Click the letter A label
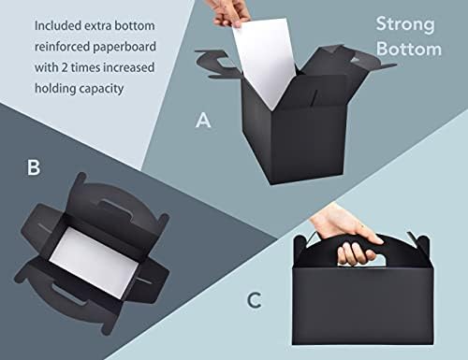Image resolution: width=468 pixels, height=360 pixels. pyautogui.click(x=203, y=121)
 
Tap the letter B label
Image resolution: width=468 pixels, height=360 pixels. pyautogui.click(x=34, y=167)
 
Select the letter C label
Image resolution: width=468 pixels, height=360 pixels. pyautogui.click(x=255, y=300)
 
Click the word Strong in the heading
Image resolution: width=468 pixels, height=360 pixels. pyautogui.click(x=405, y=25)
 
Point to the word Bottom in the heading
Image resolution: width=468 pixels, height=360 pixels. pyautogui.click(x=409, y=50)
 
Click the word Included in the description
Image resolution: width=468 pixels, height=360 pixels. pyautogui.click(x=58, y=26)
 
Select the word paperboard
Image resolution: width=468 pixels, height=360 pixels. pyautogui.click(x=124, y=47)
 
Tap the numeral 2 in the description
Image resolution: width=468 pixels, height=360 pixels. pyautogui.click(x=65, y=67)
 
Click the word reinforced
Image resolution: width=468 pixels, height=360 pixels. pyautogui.click(x=62, y=47)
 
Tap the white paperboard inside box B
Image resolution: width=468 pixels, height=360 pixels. pyautogui.click(x=92, y=263)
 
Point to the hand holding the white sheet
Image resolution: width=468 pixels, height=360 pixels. pyautogui.click(x=231, y=13)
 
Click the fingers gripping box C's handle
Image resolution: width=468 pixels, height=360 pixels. pyautogui.click(x=358, y=250)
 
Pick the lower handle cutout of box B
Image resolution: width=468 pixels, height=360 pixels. pyautogui.click(x=68, y=294)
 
